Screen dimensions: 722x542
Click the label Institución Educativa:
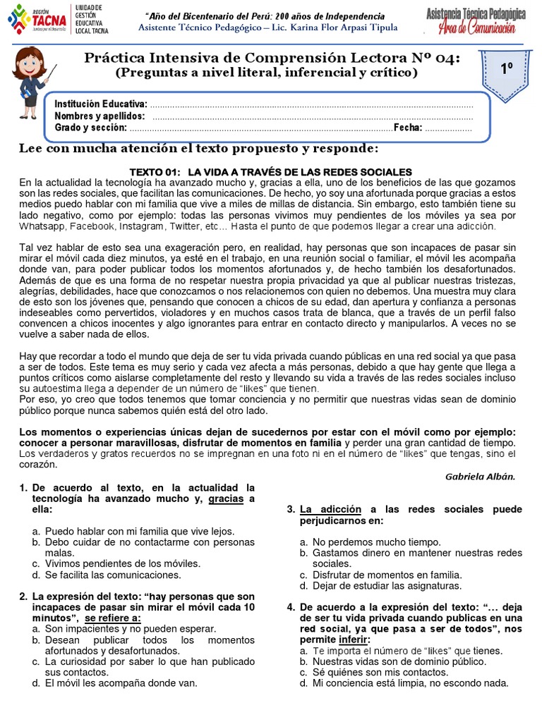pos(101,104)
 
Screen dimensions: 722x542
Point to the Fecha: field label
pos(408,128)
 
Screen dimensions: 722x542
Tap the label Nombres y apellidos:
pos(100,116)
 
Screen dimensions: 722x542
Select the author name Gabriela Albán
pos(480,477)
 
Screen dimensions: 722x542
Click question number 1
pos(23,488)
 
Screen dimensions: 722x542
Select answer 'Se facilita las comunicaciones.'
pos(112,575)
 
